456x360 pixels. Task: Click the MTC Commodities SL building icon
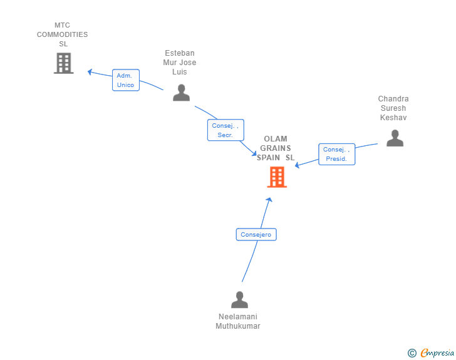coord(63,63)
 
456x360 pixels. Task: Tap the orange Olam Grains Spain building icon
coord(276,177)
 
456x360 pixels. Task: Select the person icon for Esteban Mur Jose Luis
coord(181,93)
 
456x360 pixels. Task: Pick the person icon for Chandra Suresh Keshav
coord(395,138)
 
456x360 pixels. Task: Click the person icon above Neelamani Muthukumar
coord(239,300)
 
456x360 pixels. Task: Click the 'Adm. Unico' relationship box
coord(125,80)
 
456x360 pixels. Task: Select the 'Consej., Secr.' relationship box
coord(225,130)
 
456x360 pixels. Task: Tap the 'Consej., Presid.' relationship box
coord(337,154)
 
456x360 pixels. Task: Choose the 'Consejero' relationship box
coord(256,235)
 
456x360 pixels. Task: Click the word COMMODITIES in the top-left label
coord(62,34)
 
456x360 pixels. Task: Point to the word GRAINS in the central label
coord(276,148)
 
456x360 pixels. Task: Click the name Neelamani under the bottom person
coord(238,317)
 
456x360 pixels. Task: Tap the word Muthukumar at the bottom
coord(238,326)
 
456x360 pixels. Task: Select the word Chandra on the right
coord(393,99)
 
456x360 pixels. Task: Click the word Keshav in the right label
coord(393,118)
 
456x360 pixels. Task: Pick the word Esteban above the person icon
coord(180,53)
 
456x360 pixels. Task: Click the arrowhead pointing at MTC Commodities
coord(90,72)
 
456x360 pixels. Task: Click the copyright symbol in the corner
coord(412,353)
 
